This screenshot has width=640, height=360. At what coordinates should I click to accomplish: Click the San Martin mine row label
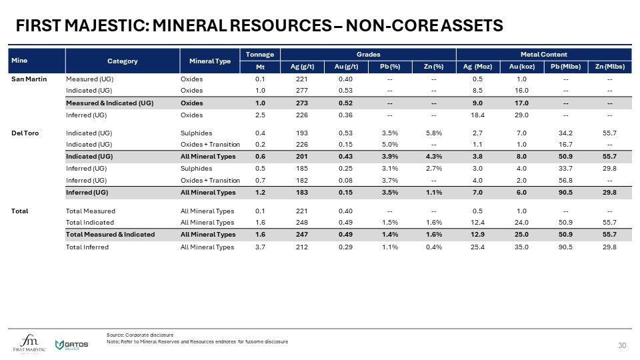[x=25, y=79]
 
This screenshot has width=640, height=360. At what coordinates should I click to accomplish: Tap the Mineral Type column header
[x=210, y=61]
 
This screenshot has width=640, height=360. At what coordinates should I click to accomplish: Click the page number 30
[x=623, y=345]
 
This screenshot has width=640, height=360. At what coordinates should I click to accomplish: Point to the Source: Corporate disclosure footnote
[x=140, y=335]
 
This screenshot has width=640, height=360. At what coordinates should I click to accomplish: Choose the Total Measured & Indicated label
[x=110, y=235]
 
